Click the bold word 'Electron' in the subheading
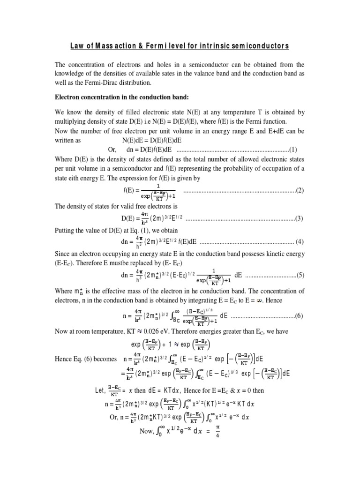pos(69,99)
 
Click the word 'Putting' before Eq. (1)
pos(66,230)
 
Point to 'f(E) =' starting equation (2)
pos(131,190)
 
